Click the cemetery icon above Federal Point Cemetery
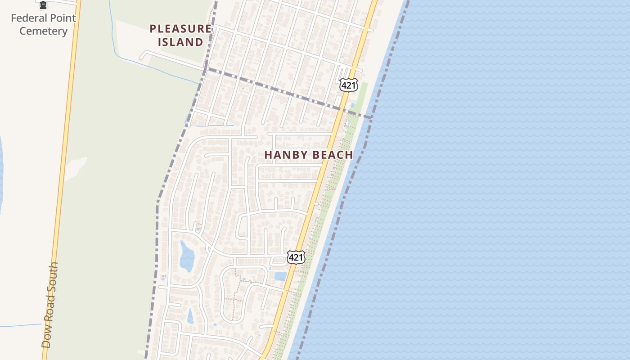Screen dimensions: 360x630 (x=43, y=5)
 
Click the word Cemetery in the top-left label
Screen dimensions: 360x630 (x=43, y=31)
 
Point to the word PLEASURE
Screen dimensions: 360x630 (x=180, y=29)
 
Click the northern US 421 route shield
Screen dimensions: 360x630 (x=348, y=85)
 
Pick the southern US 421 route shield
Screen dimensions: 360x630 (x=296, y=257)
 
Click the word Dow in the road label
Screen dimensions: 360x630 (x=46, y=338)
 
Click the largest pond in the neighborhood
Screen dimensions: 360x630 (x=187, y=256)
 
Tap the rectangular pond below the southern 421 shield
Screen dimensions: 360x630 (x=280, y=276)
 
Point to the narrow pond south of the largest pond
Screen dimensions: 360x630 (x=190, y=316)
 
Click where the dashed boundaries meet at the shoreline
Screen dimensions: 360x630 (x=371, y=117)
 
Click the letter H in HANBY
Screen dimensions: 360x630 (x=269, y=155)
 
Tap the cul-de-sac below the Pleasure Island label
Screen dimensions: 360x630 (x=142, y=56)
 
